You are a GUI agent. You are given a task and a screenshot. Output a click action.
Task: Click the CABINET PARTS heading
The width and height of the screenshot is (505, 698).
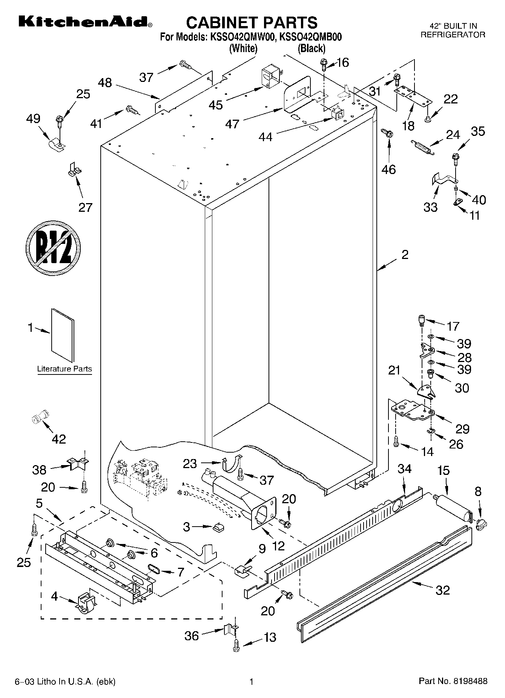(x=252, y=22)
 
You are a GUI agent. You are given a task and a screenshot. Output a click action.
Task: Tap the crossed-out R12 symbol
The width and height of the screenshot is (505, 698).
(x=54, y=248)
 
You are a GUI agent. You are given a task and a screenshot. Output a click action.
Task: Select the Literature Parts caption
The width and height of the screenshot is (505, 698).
(x=64, y=369)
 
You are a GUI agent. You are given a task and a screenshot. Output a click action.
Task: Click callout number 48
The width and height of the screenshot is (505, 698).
(x=105, y=82)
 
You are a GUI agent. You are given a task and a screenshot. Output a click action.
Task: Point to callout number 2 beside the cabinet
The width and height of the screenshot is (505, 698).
(x=405, y=255)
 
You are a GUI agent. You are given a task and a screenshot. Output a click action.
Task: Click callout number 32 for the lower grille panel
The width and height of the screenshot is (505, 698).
(x=442, y=590)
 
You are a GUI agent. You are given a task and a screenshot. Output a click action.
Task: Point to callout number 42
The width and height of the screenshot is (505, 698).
(x=59, y=439)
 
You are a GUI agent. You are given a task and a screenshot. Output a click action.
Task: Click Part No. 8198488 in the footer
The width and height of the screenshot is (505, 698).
(x=453, y=681)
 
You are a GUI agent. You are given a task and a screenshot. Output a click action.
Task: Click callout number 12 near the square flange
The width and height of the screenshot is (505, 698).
(x=278, y=545)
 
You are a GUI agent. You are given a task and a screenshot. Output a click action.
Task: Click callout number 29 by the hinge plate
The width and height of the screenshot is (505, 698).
(x=462, y=429)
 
